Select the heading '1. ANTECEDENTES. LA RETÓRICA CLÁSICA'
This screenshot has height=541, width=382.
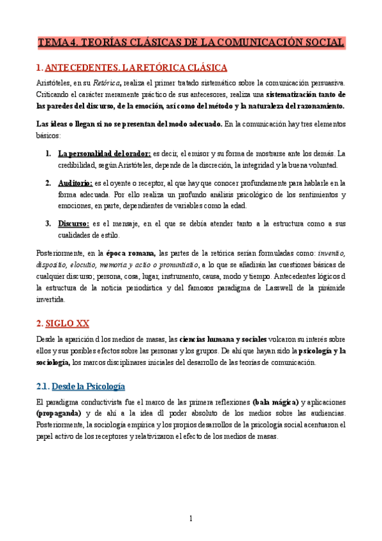click(x=132, y=68)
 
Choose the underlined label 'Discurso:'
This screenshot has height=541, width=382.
click(x=73, y=223)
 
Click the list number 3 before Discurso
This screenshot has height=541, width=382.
click(x=48, y=223)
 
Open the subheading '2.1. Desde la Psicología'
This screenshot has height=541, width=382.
click(x=80, y=387)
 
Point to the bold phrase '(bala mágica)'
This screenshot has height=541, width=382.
click(x=275, y=402)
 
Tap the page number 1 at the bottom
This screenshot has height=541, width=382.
click(x=191, y=519)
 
